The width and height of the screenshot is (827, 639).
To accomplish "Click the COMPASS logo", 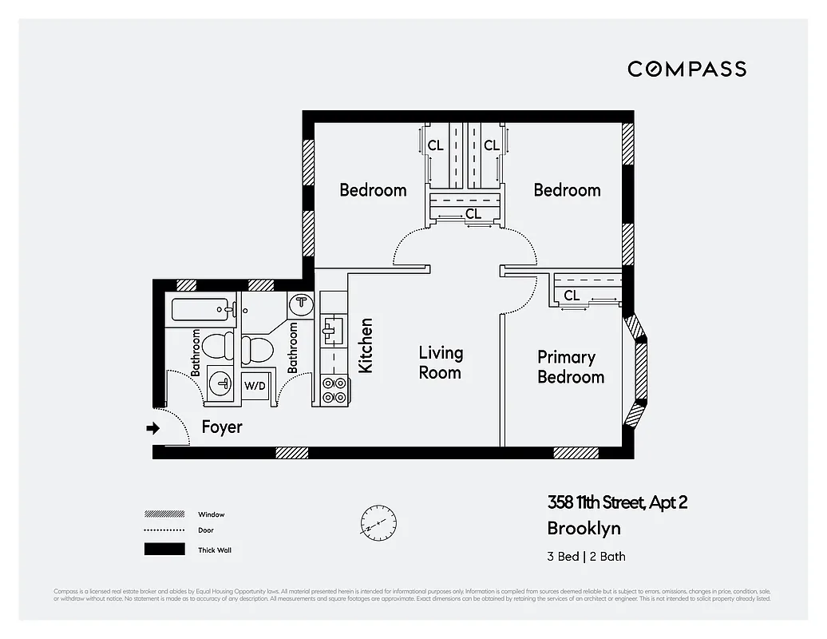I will (x=687, y=69).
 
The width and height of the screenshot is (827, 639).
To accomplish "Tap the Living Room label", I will (x=440, y=363).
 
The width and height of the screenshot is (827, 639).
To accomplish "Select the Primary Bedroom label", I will (x=570, y=367).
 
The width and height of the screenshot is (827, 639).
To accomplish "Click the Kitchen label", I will (x=366, y=345).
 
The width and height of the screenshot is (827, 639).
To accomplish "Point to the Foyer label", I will (x=221, y=427).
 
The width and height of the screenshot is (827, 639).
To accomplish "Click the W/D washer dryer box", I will (x=255, y=386).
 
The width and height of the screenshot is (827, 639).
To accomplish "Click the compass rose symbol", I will (x=378, y=524).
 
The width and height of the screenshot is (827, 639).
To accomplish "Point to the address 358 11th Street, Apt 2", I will (x=616, y=502).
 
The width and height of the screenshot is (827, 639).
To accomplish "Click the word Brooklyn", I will (x=584, y=528).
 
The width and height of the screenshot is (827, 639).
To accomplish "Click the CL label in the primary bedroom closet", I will (x=572, y=296).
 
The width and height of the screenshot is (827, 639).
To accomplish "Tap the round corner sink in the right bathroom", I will (x=301, y=304).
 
